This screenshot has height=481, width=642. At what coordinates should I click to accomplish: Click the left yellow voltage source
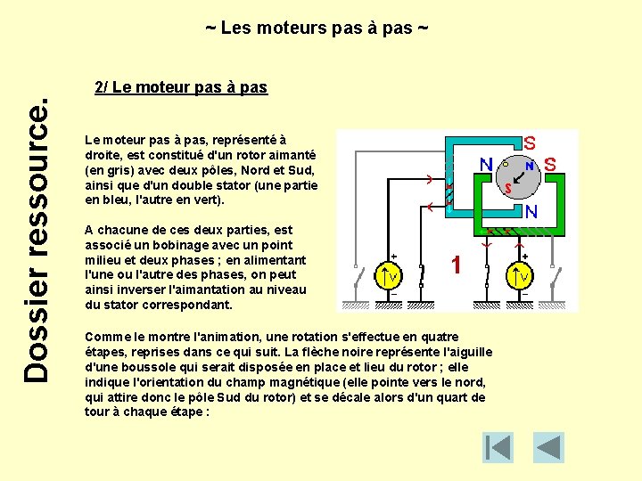pos(390,276)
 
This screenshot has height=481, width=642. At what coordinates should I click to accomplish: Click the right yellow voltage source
pos(520,277)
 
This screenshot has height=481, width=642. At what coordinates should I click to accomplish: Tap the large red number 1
pos(456,265)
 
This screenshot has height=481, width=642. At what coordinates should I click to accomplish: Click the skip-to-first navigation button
pos(498,447)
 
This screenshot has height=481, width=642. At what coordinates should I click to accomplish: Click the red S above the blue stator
pos(530,143)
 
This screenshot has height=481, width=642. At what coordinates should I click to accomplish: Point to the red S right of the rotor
pos(550,165)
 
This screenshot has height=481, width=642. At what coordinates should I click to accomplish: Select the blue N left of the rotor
pos(486,165)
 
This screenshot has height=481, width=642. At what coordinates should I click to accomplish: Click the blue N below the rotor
pos(531,212)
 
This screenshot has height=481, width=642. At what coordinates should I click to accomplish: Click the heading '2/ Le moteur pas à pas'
pos(181,87)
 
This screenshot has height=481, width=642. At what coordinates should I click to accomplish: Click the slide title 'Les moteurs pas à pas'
pos(317,29)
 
